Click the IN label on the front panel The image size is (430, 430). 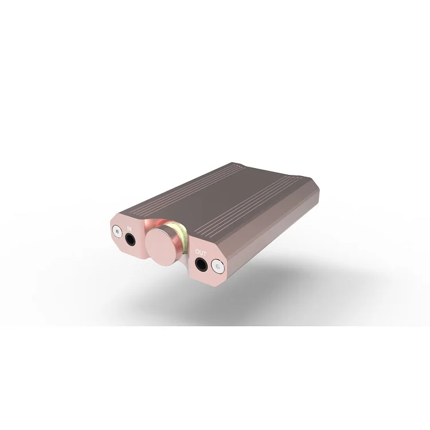129,228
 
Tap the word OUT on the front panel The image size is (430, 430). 201,252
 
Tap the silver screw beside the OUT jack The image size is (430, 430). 218,266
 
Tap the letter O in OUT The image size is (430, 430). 197,251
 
